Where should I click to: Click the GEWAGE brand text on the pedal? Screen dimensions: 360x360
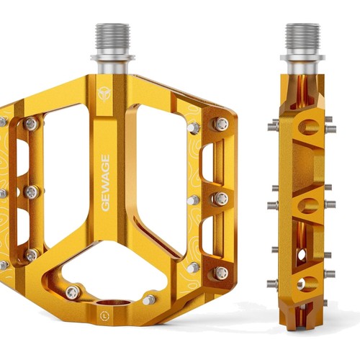click(106, 183)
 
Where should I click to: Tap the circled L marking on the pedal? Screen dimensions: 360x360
click(104, 315)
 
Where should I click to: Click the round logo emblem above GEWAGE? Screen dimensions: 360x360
click(104, 93)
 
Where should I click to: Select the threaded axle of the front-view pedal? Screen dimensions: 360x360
click(112, 39)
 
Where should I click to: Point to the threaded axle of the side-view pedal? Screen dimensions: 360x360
click(302, 39)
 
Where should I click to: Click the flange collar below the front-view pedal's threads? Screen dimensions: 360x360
click(112, 58)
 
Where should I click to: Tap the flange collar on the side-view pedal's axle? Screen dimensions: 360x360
click(302, 58)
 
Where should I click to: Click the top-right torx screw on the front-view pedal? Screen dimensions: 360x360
click(221, 124)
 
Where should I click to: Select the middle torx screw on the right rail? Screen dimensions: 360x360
click(221, 199)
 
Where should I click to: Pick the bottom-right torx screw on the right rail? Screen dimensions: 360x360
click(221, 274)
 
